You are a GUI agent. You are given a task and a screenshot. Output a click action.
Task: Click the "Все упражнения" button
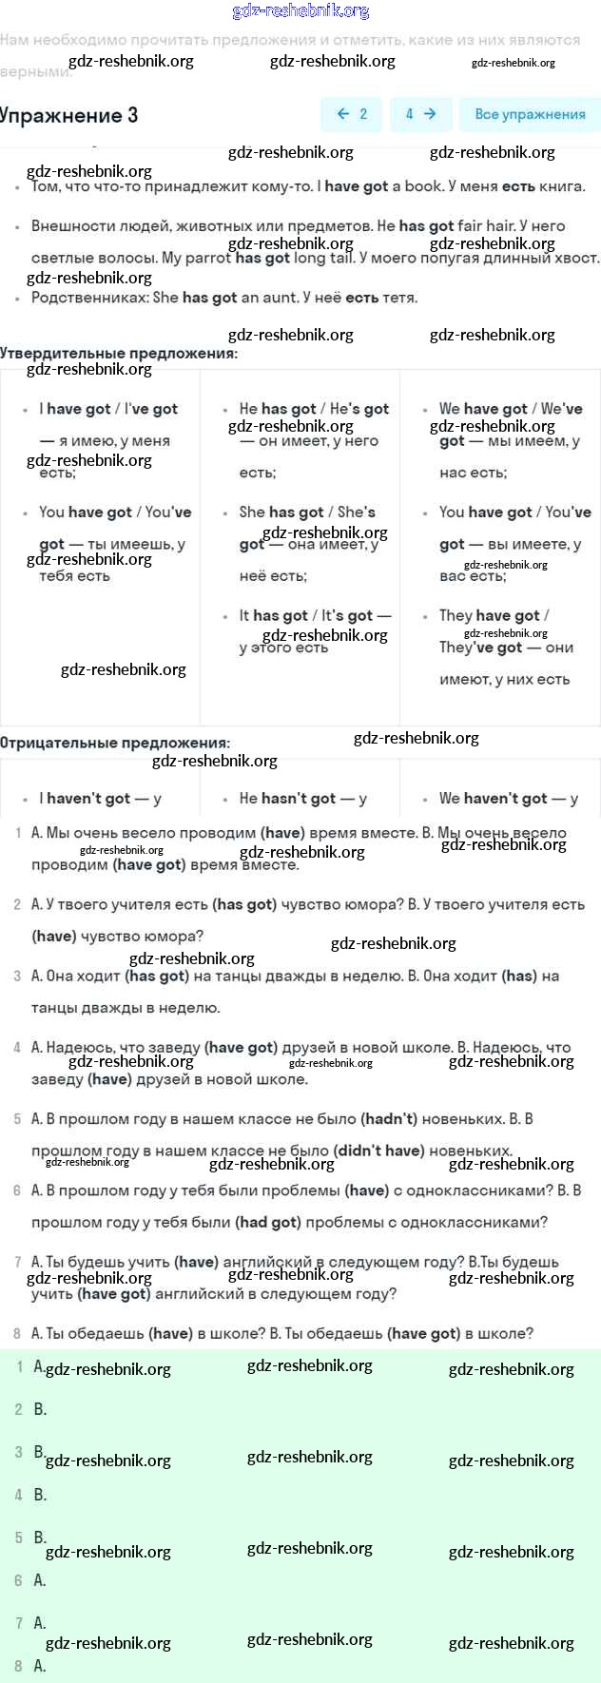530,114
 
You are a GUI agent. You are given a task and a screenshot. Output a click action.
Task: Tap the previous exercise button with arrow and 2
352,114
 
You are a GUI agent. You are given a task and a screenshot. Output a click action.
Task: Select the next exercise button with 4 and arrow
420,114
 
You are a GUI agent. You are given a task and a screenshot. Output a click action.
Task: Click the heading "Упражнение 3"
68,116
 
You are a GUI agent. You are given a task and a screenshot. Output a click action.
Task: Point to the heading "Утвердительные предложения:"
119,353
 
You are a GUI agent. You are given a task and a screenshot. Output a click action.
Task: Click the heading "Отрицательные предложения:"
115,743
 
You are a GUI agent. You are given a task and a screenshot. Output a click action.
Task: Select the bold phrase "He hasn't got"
287,799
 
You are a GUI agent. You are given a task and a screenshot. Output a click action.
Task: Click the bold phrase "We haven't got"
493,799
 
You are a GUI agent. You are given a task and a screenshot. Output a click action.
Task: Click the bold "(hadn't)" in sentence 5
389,1119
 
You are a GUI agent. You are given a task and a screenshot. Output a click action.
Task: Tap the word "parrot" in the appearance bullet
208,258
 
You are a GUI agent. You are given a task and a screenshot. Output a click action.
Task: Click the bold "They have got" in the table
490,615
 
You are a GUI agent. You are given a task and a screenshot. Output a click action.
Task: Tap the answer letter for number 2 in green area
40,1409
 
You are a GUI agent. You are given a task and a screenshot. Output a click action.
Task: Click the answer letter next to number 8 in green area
40,1666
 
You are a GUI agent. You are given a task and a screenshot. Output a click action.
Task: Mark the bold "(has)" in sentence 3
519,976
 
